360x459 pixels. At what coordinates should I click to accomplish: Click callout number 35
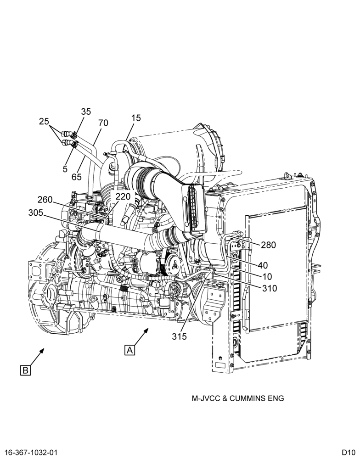pos(86,112)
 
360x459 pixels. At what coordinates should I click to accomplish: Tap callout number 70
pos(103,123)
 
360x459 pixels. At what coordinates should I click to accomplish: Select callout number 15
pos(136,118)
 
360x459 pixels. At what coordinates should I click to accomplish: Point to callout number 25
pos(44,122)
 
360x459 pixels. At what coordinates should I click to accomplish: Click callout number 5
pos(65,168)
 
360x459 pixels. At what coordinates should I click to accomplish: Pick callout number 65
pos(76,177)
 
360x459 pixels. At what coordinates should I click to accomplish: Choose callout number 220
pos(123,196)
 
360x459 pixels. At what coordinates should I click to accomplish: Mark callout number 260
pos(45,200)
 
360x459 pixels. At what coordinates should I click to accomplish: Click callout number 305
pos(36,213)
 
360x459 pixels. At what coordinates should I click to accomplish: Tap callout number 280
pos(268,245)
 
